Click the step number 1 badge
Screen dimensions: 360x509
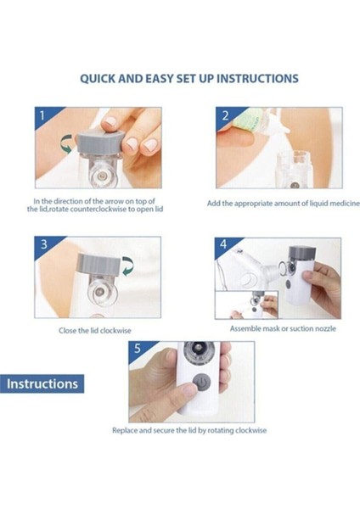pyautogui.click(x=44, y=116)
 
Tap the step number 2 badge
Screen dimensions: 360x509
pyautogui.click(x=225, y=116)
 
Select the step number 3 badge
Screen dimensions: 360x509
pyautogui.click(x=44, y=245)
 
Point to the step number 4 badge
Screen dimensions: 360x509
pyautogui.click(x=223, y=244)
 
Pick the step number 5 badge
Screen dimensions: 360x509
pyautogui.click(x=138, y=349)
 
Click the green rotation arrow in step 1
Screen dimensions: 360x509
pyautogui.click(x=66, y=144)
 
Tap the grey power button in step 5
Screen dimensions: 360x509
pyautogui.click(x=201, y=383)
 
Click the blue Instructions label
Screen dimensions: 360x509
pyautogui.click(x=42, y=383)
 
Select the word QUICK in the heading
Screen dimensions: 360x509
pyautogui.click(x=98, y=79)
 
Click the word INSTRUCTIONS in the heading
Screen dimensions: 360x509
pyautogui.click(x=257, y=79)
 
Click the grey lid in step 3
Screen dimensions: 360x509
pyautogui.click(x=99, y=264)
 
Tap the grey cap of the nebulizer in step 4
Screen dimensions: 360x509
pyautogui.click(x=302, y=252)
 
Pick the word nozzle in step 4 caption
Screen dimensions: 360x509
pyautogui.click(x=324, y=328)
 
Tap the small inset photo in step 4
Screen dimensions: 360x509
pyautogui.click(x=246, y=305)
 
